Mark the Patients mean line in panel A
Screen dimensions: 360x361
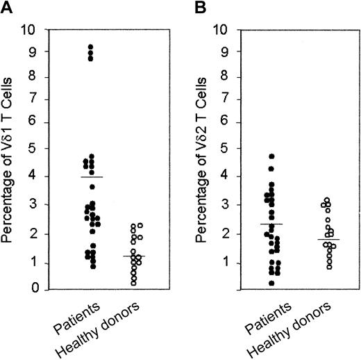(90, 177)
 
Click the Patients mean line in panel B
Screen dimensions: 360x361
(269, 224)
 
